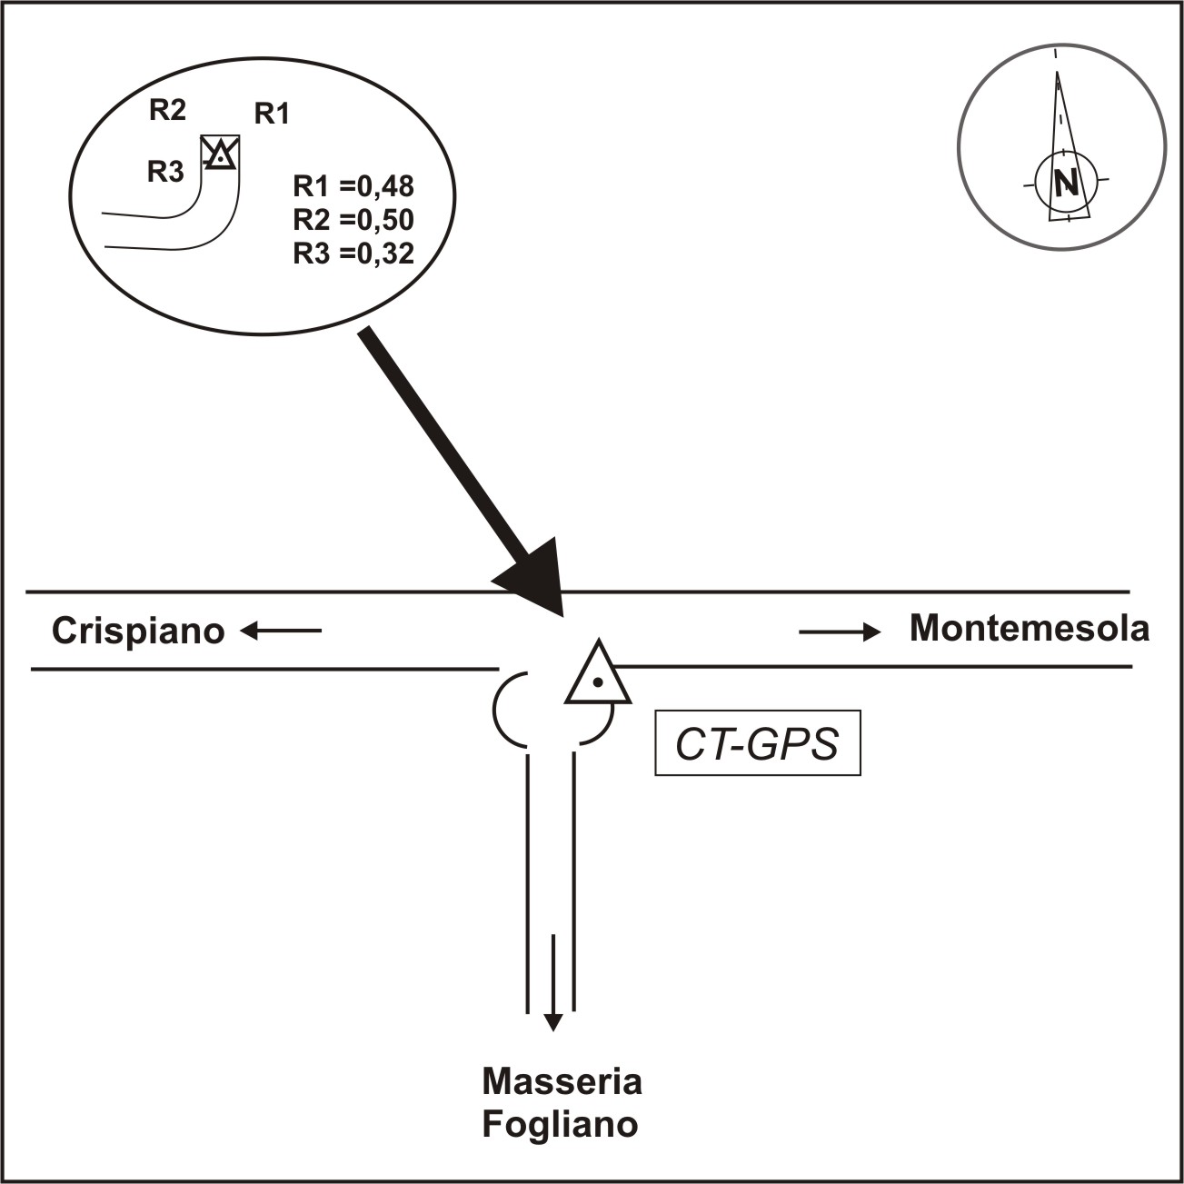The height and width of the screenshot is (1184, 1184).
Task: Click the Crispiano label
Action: [x=138, y=631]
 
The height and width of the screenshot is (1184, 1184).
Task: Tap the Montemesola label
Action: [x=1029, y=628]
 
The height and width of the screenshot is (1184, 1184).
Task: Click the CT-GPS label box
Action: [x=757, y=743]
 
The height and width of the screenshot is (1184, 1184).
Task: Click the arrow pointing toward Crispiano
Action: [x=281, y=630]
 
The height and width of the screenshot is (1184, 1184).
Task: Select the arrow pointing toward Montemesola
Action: [x=840, y=632]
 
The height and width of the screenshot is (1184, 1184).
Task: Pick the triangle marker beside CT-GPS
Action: [x=597, y=677]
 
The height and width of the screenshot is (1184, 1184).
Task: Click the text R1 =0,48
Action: [x=353, y=186]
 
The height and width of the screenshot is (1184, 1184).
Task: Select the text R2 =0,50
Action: [x=353, y=220]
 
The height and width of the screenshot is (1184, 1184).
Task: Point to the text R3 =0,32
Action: [x=353, y=254]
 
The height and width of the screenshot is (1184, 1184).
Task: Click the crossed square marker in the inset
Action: [x=220, y=153]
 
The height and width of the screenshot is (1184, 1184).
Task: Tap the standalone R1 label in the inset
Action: [x=271, y=114]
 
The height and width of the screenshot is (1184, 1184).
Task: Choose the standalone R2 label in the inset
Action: [x=167, y=111]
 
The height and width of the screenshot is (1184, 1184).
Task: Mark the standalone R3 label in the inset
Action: [x=165, y=172]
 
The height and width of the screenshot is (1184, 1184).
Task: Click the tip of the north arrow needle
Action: [x=1057, y=75]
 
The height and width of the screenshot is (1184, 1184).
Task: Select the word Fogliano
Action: [x=560, y=1125]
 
